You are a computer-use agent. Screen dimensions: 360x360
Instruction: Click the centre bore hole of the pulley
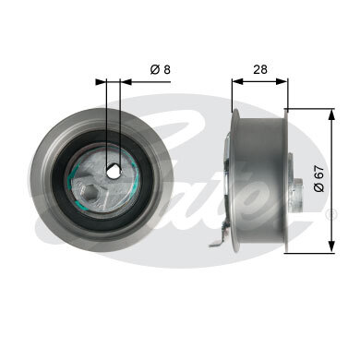coord(114,171)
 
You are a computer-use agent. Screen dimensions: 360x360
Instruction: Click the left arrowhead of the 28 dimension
coord(234,80)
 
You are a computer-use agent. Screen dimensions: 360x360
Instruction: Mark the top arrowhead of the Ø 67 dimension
coord(330,113)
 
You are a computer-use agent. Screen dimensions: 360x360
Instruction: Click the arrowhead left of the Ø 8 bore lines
coord(102,80)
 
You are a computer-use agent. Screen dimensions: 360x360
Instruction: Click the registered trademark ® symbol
coord(332,214)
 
